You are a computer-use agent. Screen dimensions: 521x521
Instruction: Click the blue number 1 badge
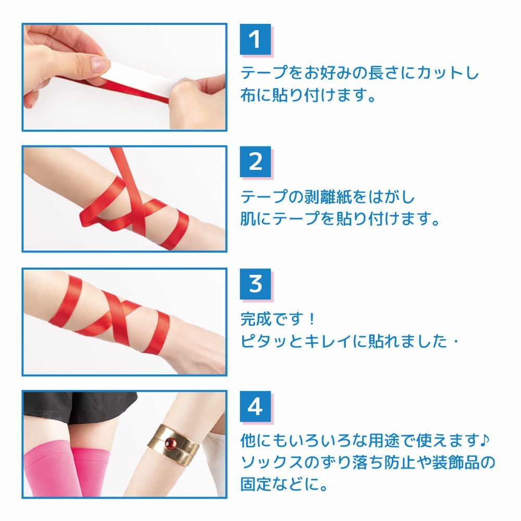coord(255,40)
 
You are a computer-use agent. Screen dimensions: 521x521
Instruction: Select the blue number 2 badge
coord(255,162)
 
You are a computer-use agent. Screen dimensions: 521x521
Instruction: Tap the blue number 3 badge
coord(255,284)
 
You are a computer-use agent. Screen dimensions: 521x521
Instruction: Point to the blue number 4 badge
coord(255,406)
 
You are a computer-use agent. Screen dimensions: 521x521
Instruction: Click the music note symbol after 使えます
coord(485,441)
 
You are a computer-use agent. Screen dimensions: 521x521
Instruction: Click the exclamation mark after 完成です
coord(311,319)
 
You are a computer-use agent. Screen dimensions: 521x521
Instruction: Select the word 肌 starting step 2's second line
coord(248,219)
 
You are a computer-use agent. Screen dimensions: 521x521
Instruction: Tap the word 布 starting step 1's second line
coord(248,95)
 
